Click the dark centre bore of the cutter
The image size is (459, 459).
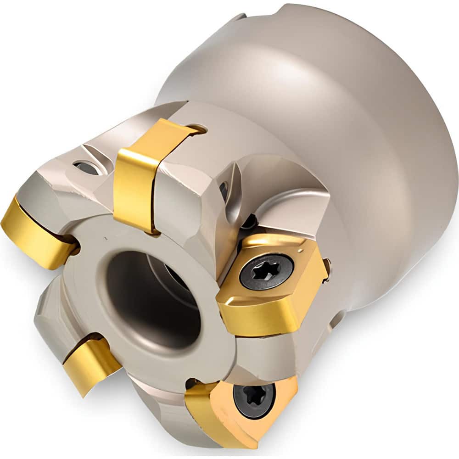[151, 294]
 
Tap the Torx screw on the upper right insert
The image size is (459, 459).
[267, 271]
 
